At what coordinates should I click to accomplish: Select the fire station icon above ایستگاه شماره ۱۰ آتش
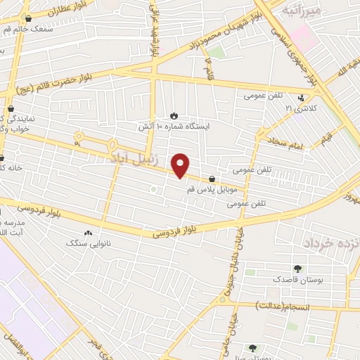174,115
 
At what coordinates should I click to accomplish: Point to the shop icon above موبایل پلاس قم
212,179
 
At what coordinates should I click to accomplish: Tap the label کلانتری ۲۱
302,109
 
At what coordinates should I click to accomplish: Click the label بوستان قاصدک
299,281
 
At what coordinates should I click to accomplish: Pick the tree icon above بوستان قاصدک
298,268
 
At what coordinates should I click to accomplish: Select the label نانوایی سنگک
89,243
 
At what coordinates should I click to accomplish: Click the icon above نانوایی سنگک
88,232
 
